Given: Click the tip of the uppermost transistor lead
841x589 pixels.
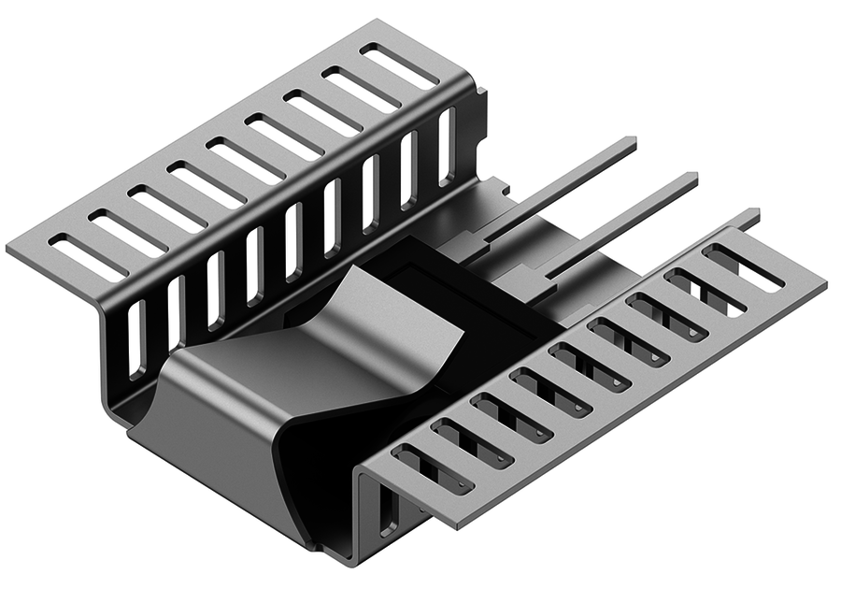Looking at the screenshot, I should pos(632,143).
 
